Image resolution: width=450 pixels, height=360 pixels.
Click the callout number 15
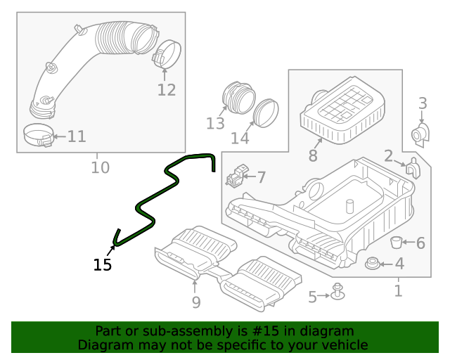[103, 265]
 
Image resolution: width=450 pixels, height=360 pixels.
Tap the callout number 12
[166, 90]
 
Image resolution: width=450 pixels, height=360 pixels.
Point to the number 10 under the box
[101, 167]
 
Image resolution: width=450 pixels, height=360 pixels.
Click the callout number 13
[215, 124]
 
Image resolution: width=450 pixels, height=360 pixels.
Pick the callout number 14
[240, 138]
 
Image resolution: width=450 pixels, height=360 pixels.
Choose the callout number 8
[313, 155]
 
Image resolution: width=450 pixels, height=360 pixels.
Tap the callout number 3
[423, 104]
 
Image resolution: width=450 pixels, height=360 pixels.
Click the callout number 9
[196, 302]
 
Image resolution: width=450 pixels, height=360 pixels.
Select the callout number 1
[398, 290]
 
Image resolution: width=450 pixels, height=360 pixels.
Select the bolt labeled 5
[338, 291]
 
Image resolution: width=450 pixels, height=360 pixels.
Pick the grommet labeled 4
[373, 264]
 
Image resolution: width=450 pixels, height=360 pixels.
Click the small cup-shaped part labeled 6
[397, 243]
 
